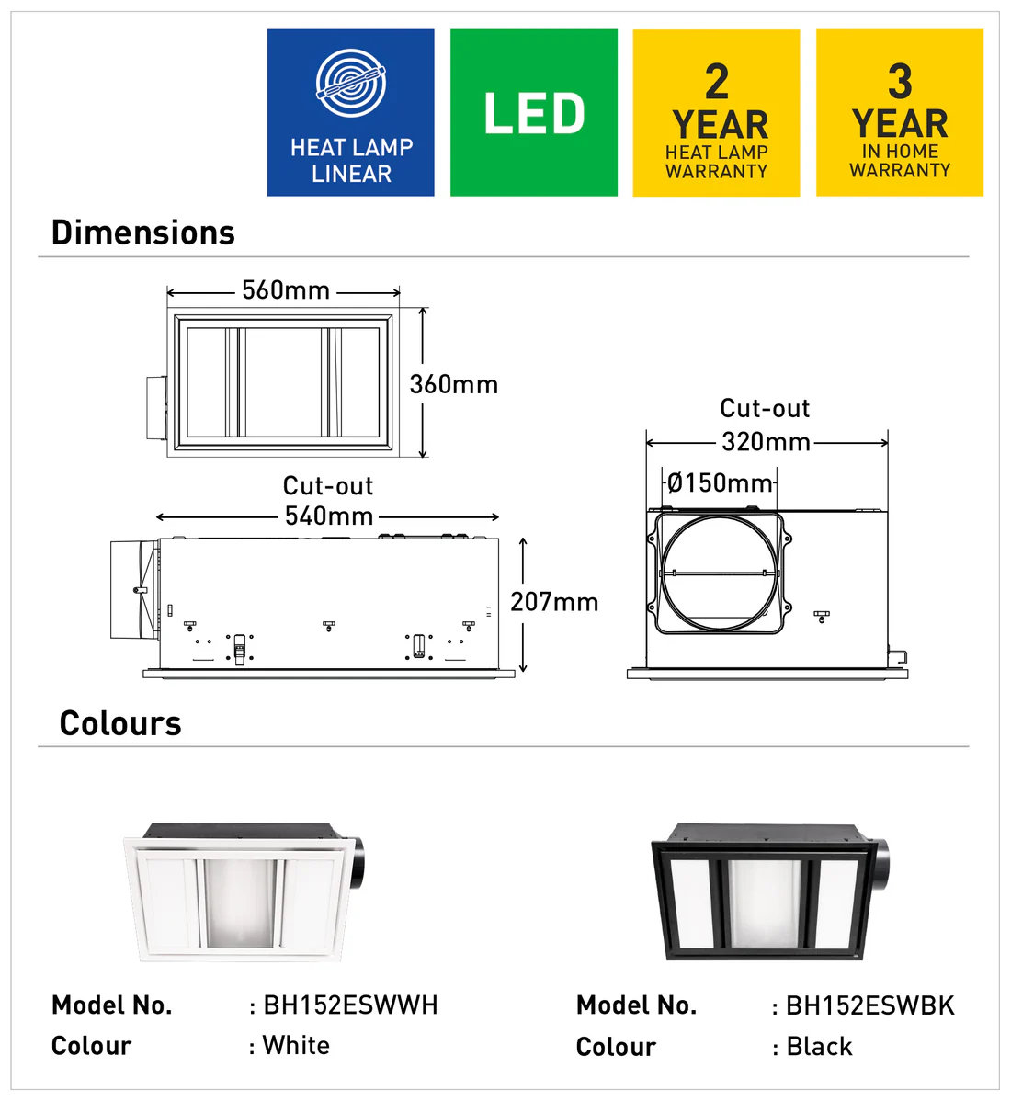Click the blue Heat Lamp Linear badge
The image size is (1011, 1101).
[350, 112]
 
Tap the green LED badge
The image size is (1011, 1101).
[534, 112]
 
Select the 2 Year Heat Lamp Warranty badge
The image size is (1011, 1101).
[716, 112]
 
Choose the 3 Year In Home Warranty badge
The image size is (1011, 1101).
[900, 112]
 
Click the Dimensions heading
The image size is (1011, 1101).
[143, 233]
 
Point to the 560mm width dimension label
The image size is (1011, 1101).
[286, 290]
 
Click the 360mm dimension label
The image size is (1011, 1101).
[453, 384]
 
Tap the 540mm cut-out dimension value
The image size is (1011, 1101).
[329, 516]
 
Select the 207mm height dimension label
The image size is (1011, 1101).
[554, 602]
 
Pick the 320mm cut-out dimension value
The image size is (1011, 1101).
[766, 442]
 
